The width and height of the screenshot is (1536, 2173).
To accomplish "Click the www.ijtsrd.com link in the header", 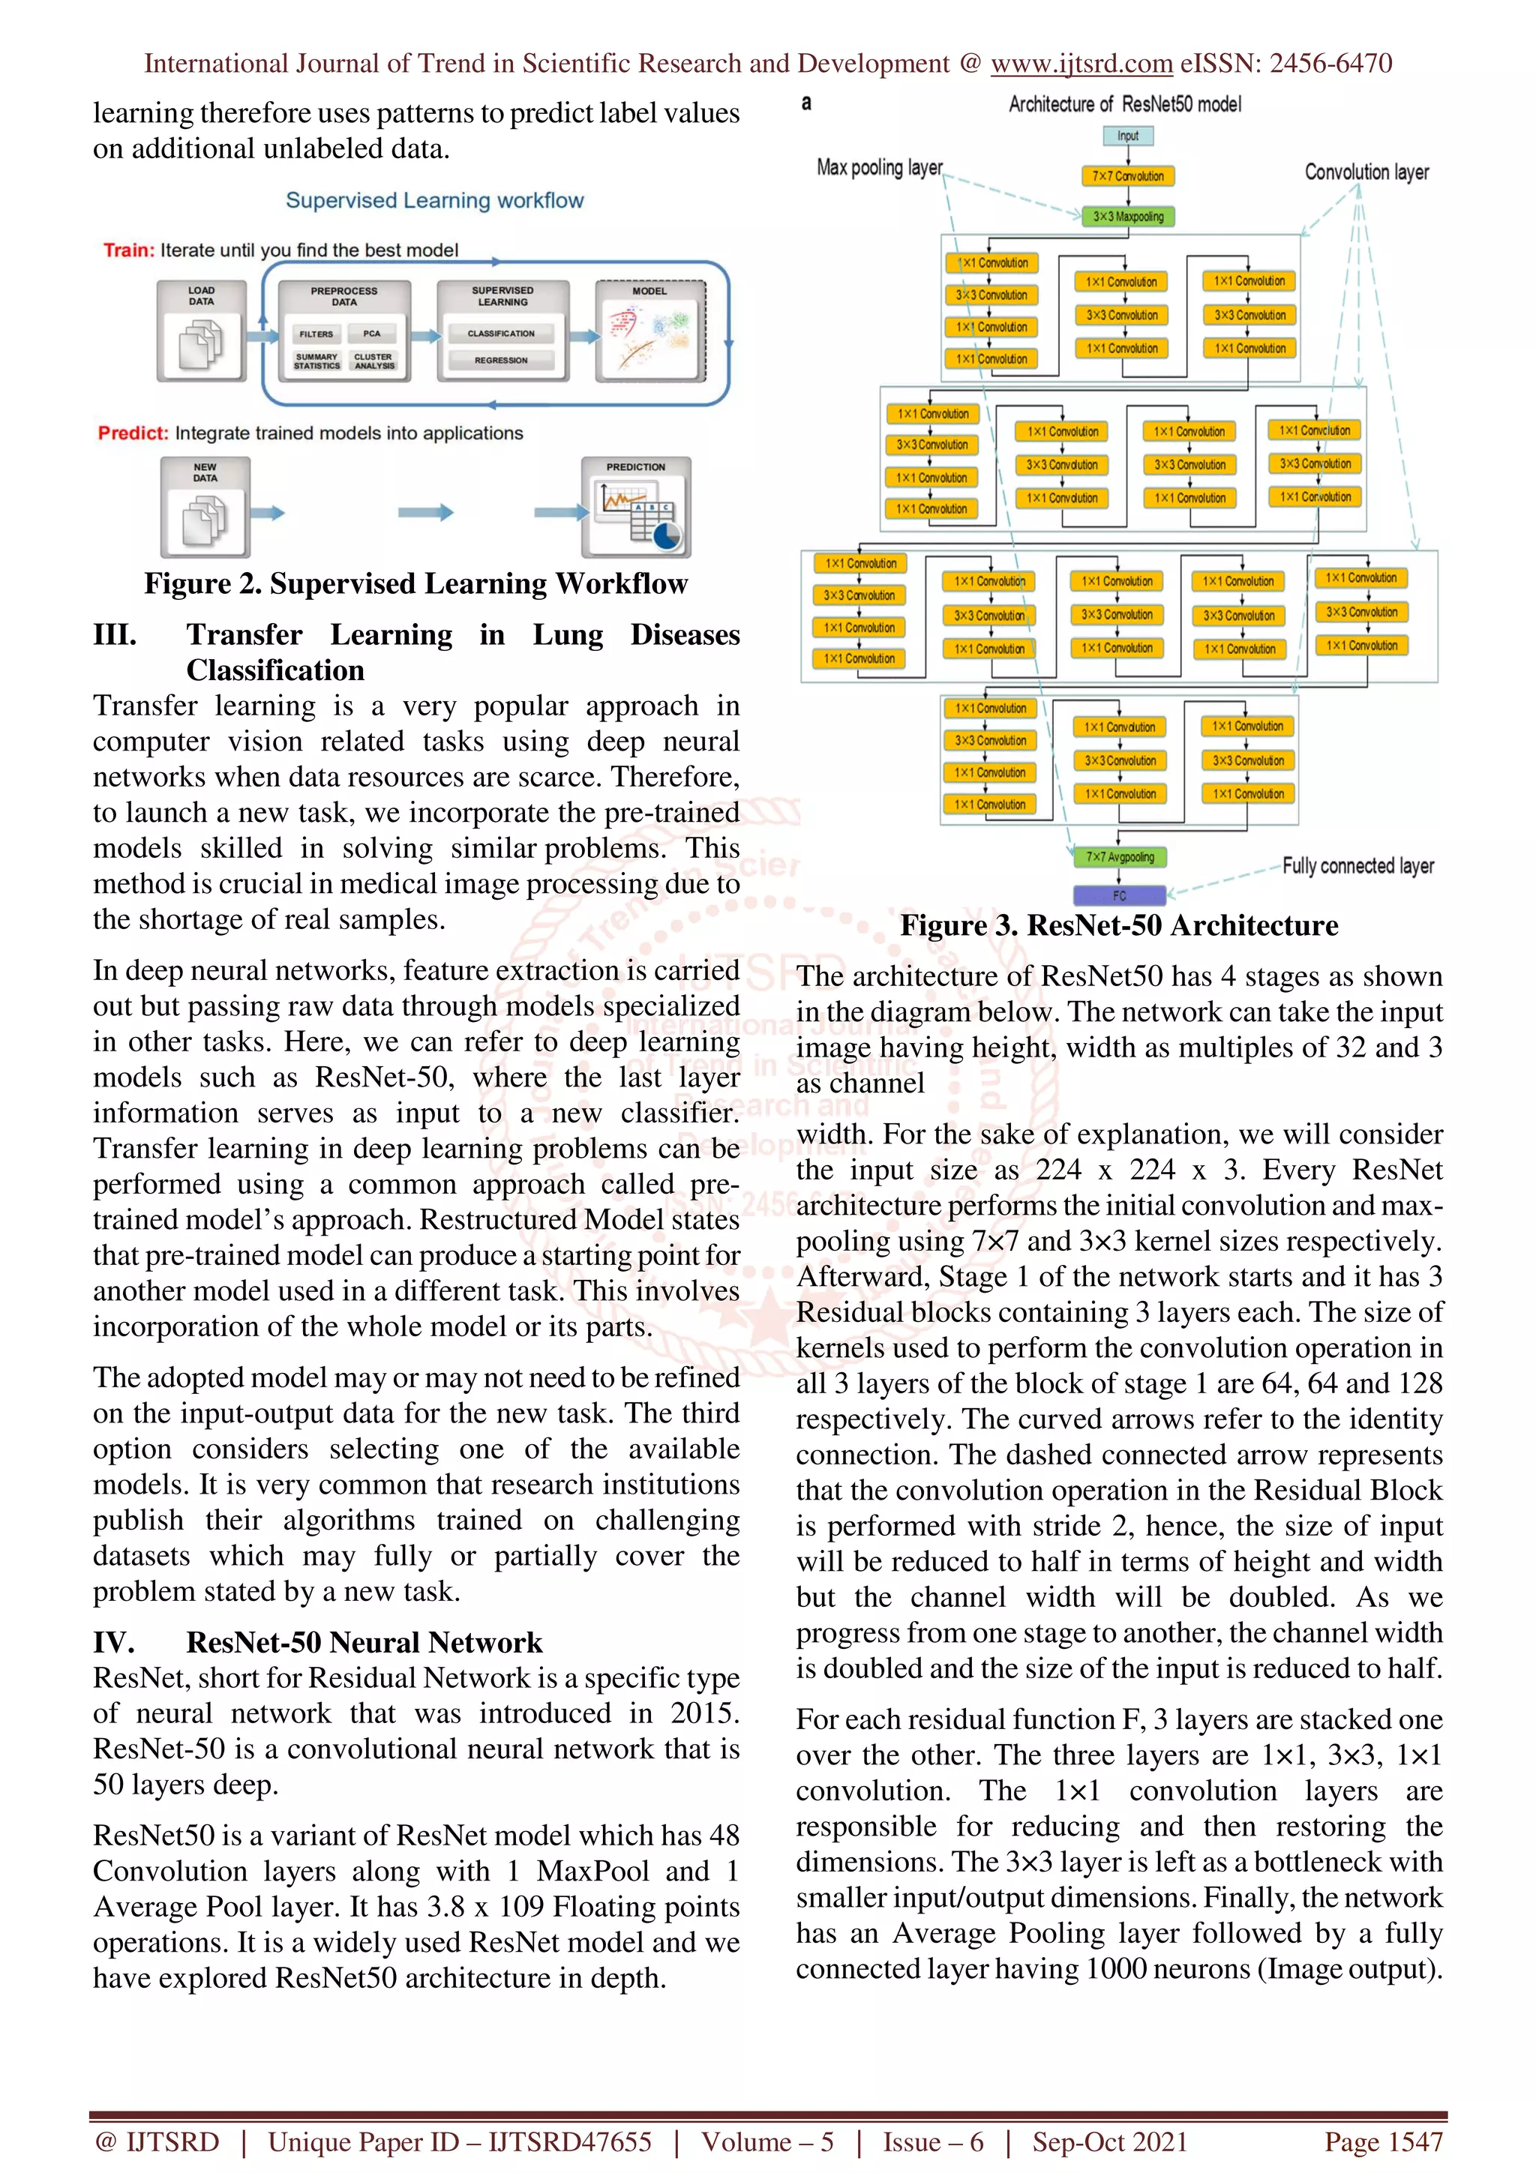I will (x=1081, y=64).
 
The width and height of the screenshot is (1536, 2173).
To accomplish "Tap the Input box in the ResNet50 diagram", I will (x=1128, y=136).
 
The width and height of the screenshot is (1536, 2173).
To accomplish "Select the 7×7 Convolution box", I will (x=1127, y=176).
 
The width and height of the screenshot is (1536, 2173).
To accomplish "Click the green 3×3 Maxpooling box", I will (x=1127, y=217).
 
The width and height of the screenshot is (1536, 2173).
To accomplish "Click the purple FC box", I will (x=1120, y=895).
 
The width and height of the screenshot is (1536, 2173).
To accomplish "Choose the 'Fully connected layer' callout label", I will (x=1357, y=866).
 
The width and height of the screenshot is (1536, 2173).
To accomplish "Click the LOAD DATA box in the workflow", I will (x=202, y=331).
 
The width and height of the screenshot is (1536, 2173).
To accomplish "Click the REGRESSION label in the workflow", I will (x=501, y=361).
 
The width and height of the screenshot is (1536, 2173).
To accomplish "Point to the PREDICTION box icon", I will (x=636, y=508).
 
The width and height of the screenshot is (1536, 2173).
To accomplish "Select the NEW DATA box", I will (x=205, y=508).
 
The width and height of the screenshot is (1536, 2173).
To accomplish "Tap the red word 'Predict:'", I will (x=133, y=433).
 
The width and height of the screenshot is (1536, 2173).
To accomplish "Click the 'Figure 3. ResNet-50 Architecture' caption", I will (x=1119, y=925).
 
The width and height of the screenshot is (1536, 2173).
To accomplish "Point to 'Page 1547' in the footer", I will (x=1383, y=2142).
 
